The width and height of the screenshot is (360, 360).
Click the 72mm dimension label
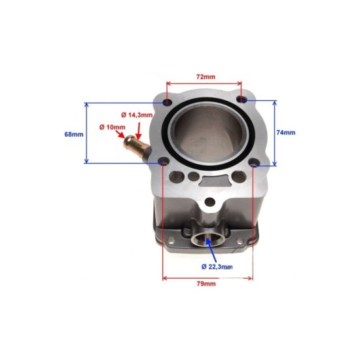pos(206,77)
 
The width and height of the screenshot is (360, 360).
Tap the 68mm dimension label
pos(74,134)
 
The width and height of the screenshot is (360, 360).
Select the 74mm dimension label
pos(286,132)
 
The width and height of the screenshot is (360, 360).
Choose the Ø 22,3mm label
pos(216,266)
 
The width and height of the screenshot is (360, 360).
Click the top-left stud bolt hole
pos(166,103)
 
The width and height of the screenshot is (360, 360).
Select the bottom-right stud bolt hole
pos(254,166)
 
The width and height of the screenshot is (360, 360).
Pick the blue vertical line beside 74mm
pos(275,133)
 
